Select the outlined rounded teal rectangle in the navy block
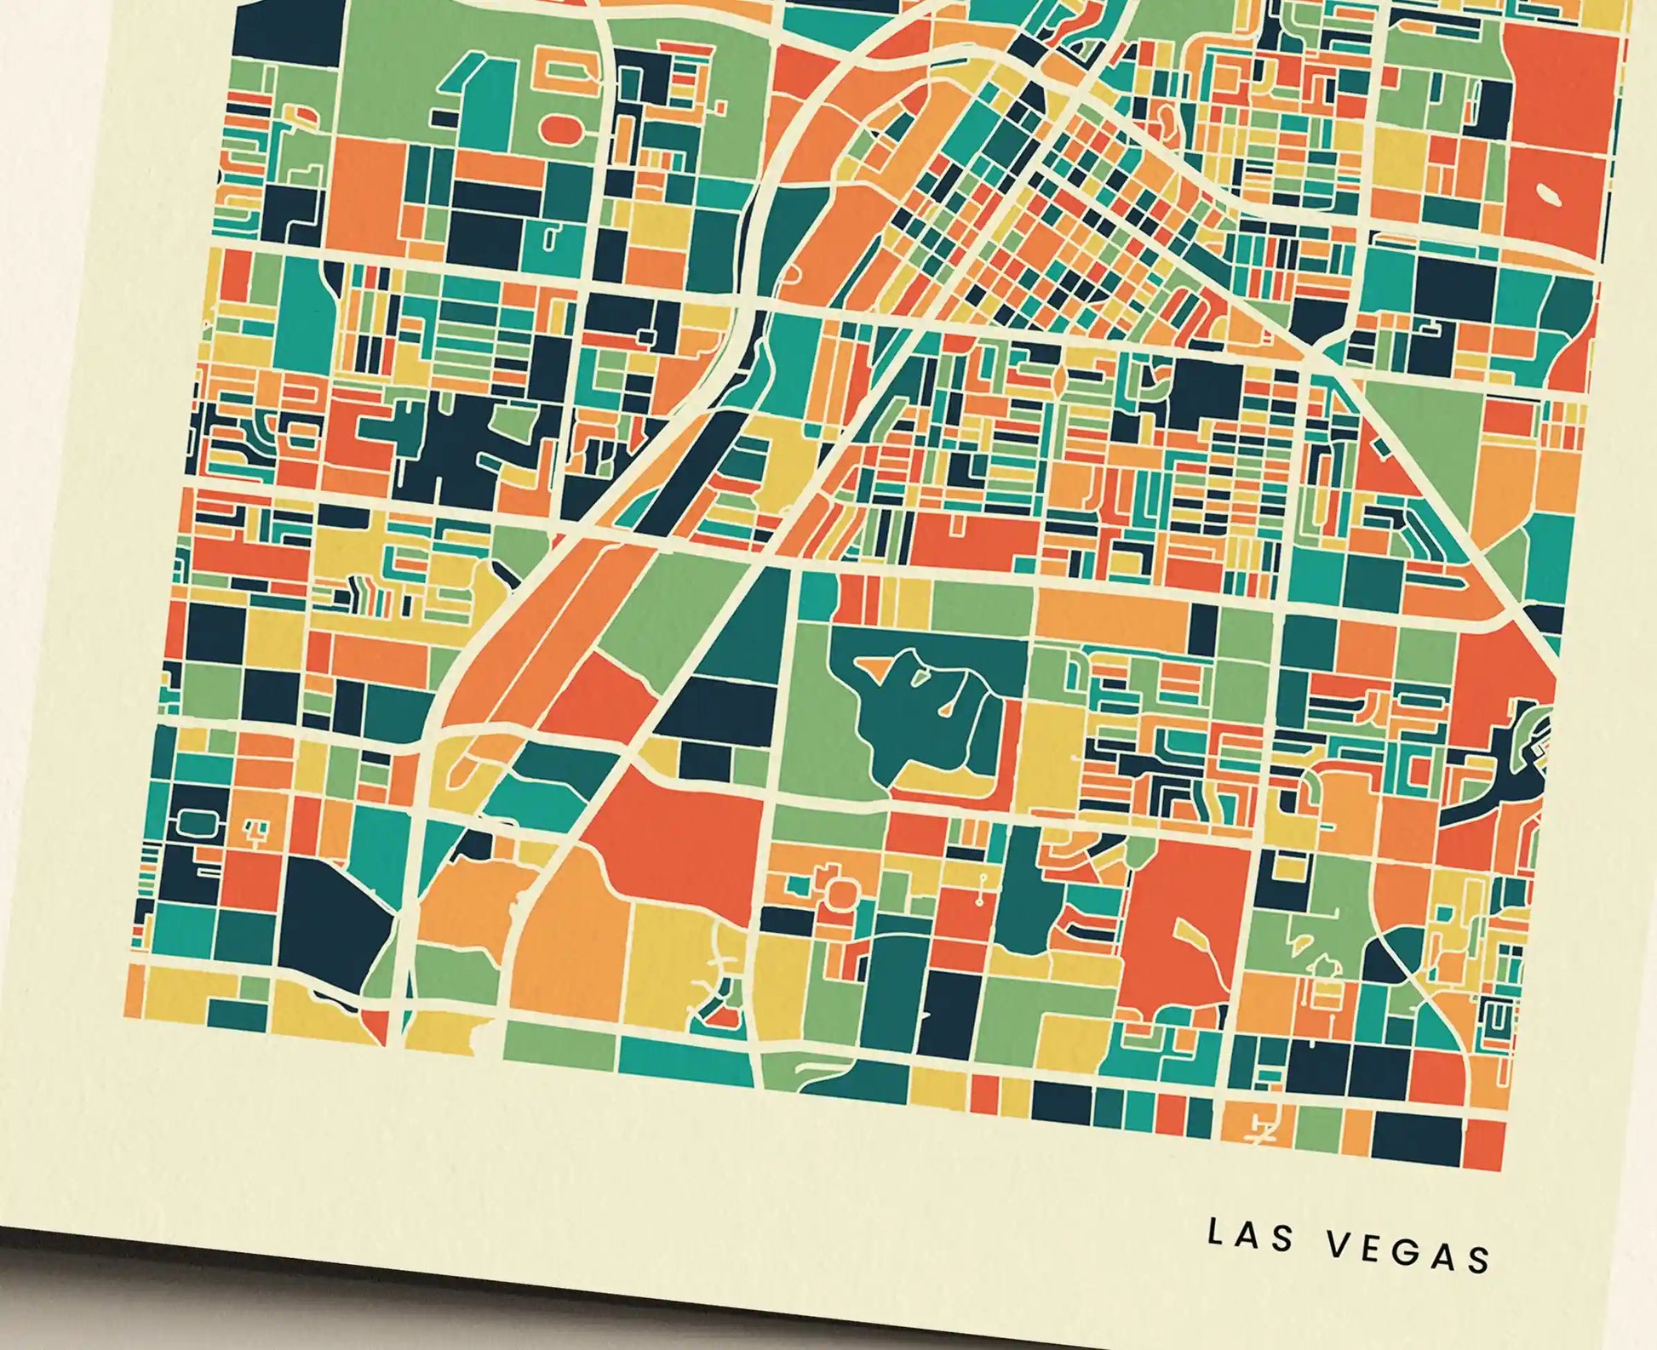coord(195,821)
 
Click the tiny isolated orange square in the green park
coord(720,108)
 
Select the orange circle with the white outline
coord(840,892)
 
